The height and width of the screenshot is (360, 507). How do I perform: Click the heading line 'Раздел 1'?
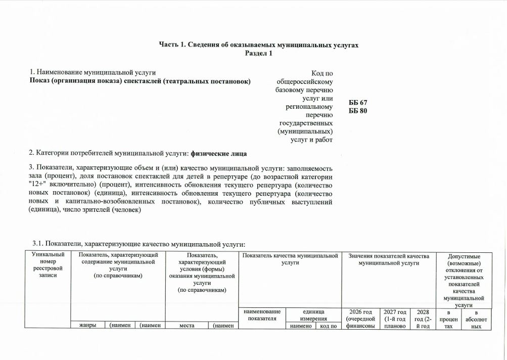coord(259,54)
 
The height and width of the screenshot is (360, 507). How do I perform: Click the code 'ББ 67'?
coord(358,103)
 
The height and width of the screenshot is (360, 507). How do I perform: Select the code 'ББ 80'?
coord(358,111)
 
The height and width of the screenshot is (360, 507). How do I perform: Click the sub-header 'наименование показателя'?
coord(262,316)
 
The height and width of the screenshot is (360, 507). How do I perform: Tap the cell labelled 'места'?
coord(188,326)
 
